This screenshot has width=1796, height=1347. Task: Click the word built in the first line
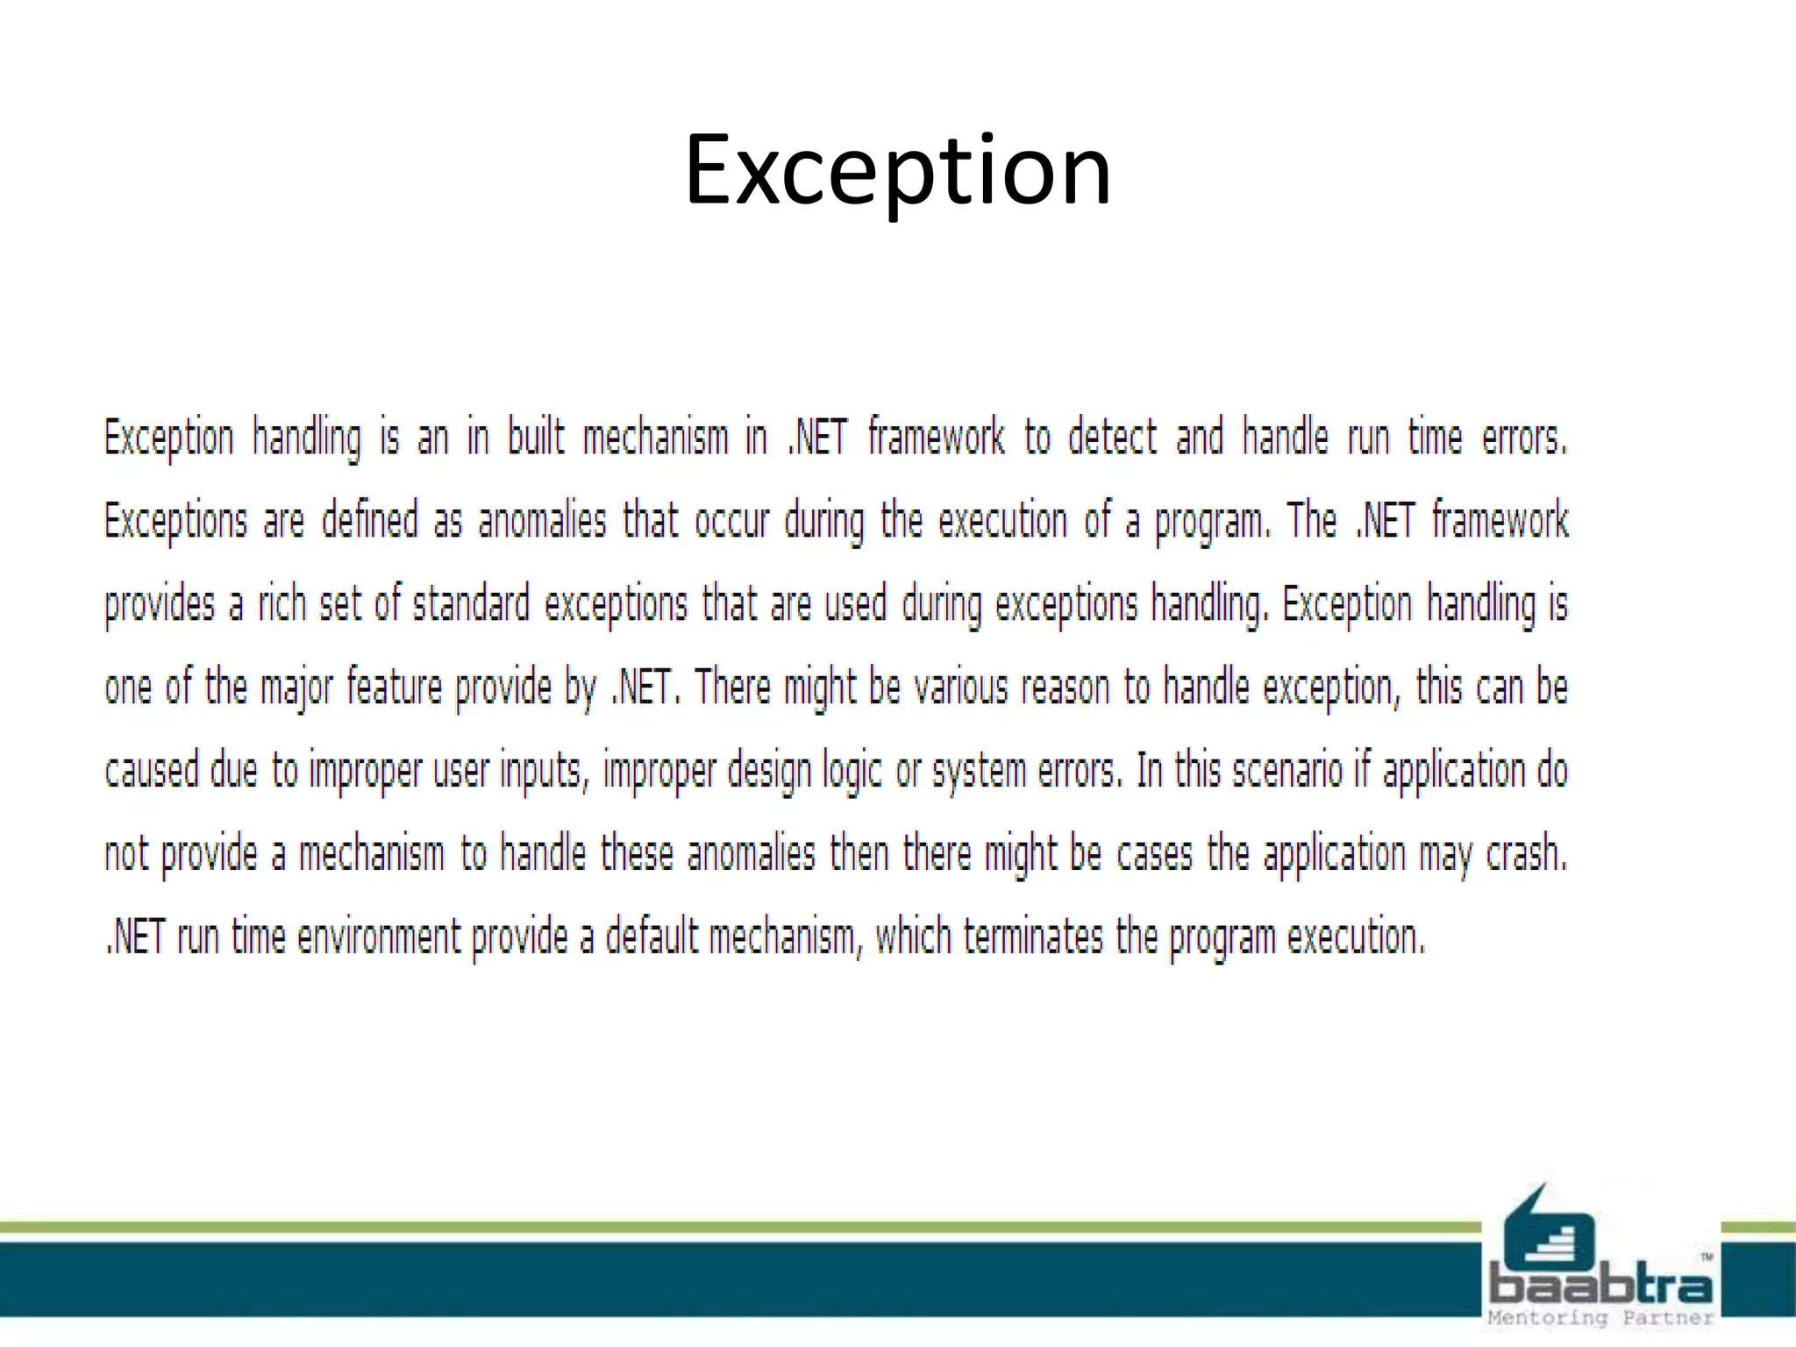[536, 437]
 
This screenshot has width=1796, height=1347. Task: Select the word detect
[1112, 437]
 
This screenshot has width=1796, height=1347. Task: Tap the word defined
[369, 520]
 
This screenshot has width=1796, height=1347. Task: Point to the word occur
[731, 520]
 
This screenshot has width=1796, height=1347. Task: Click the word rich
[281, 603]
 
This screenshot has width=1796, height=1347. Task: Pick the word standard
[471, 603]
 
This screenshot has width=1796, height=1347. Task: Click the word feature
[395, 687]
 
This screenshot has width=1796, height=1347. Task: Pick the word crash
[1526, 853]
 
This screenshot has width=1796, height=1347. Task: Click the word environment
[379, 937]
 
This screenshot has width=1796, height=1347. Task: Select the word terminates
[1033, 937]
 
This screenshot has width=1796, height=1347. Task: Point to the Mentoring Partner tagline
[1601, 1318]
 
